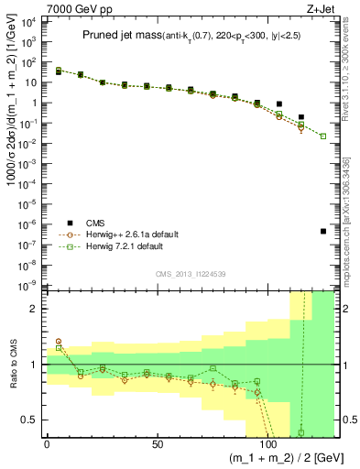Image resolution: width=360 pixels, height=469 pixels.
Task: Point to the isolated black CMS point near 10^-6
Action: [x=323, y=231]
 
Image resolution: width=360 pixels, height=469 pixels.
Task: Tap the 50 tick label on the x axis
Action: [x=158, y=444]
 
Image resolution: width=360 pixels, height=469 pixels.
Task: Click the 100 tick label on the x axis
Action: [x=268, y=444]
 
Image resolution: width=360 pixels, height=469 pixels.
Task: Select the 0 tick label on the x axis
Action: [x=47, y=444]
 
